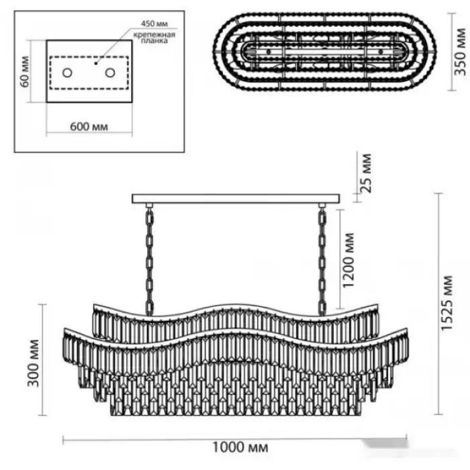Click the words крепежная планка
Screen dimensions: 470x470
(150, 37)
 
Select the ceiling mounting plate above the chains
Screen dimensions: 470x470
(237, 199)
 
